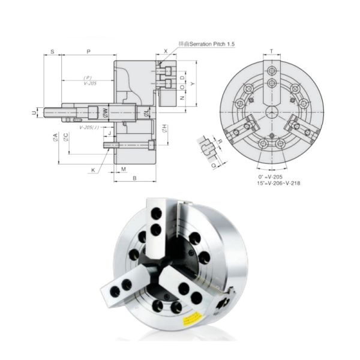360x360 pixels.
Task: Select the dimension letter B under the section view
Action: pyautogui.click(x=135, y=178)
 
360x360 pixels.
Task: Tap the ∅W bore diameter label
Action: pyautogui.click(x=105, y=112)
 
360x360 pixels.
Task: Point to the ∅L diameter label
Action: pyautogui.click(x=146, y=112)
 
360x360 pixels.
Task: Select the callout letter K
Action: pyautogui.click(x=93, y=170)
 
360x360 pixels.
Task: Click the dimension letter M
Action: pyautogui.click(x=123, y=169)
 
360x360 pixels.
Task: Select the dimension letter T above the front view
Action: pyautogui.click(x=272, y=52)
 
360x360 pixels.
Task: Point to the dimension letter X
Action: pyautogui.click(x=166, y=52)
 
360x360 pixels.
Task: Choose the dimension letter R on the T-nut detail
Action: pyautogui.click(x=220, y=142)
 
